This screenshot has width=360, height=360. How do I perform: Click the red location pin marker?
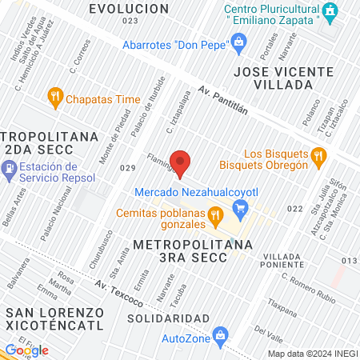[x=181, y=163]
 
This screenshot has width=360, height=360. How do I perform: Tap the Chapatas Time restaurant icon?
[x=55, y=98]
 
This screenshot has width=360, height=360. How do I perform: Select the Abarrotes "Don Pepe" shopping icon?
[x=238, y=43]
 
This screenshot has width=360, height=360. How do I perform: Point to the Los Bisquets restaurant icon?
[x=318, y=155]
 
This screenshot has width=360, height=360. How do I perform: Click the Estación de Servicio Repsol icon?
[x=9, y=170]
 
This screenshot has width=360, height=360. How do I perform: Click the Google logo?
[x=26, y=350]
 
